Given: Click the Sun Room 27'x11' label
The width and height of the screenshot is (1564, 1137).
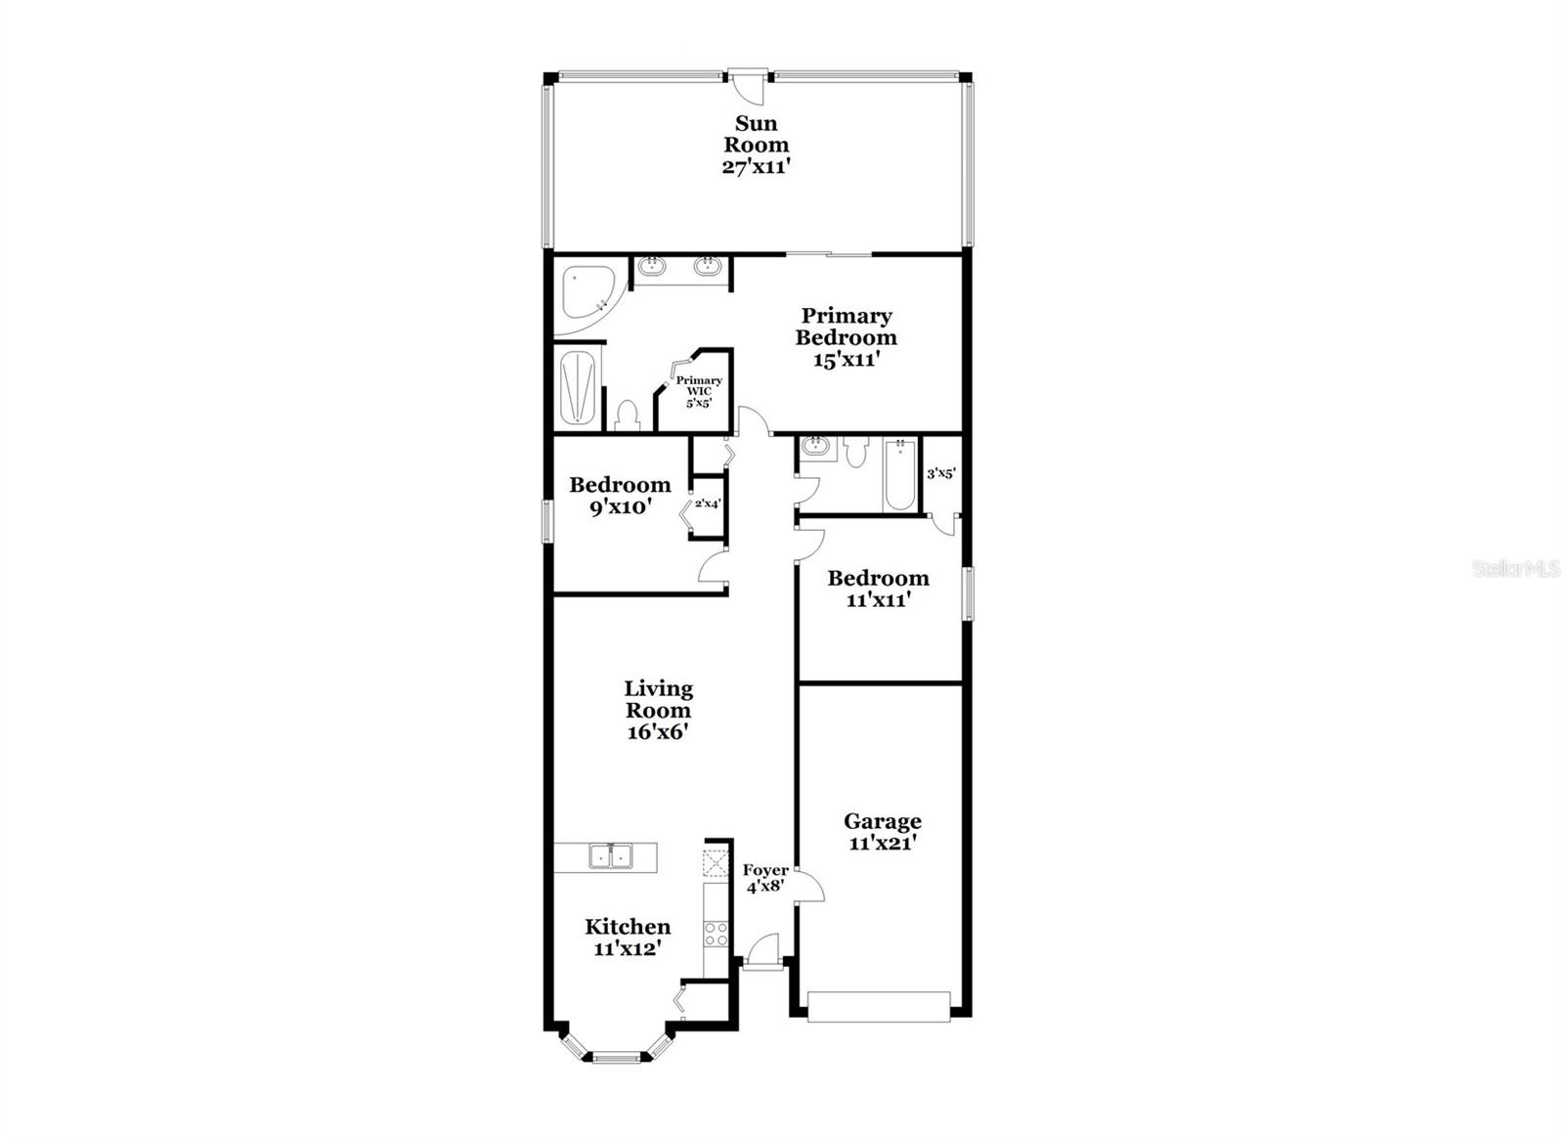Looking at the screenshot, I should click(756, 145).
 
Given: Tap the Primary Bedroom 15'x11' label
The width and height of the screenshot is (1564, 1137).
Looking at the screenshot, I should click(846, 337).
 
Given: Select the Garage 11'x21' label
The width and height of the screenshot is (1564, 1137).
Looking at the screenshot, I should click(882, 832).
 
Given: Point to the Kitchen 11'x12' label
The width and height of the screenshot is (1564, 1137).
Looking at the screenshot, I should click(628, 937).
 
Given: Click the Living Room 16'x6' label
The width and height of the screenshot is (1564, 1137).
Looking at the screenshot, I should click(659, 710).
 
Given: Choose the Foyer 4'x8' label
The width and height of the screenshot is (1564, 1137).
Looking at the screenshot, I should click(765, 879).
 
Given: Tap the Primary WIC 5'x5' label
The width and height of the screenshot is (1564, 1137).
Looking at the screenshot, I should click(699, 391).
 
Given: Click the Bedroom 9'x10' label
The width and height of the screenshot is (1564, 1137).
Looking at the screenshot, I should click(620, 495).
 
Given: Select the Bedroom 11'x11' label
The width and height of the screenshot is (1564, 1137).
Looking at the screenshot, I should click(878, 589).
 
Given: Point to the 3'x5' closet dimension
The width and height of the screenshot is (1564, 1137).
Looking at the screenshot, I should click(940, 474).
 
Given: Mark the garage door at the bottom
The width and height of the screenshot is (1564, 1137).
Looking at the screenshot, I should click(879, 1007).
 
